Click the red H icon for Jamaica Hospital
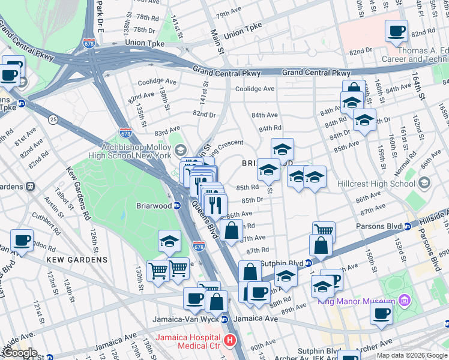tap(229, 341)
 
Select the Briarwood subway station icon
tap(178, 205)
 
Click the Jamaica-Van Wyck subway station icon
tap(224, 319)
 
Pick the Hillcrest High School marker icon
tap(424, 182)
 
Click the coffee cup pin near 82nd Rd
tap(396, 31)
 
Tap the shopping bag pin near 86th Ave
tap(232, 230)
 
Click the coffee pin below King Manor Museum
tap(381, 313)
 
